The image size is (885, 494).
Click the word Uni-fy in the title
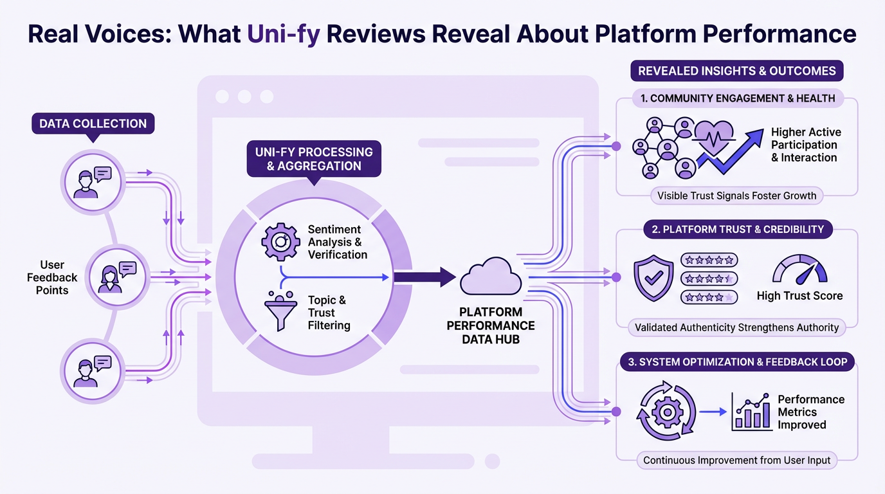pos(284,33)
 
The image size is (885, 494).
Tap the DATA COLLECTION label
pos(93,123)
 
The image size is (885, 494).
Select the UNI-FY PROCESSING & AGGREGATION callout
pos(314,159)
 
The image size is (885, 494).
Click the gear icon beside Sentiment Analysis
pos(280,241)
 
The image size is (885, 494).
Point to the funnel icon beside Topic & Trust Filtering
pos(280,312)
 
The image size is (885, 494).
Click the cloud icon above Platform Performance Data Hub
pos(490,277)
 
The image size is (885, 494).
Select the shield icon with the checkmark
pos(653,278)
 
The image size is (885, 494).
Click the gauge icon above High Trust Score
pos(799,270)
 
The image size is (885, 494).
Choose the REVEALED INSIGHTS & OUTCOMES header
pos(736,71)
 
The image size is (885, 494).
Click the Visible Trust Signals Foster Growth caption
pos(736,196)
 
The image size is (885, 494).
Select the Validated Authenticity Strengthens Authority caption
pos(736,327)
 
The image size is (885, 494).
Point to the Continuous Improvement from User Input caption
pos(736,460)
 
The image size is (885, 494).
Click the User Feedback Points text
pos(52,277)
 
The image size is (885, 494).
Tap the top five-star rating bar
pos(709,261)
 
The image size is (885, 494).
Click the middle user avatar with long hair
pos(110,277)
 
